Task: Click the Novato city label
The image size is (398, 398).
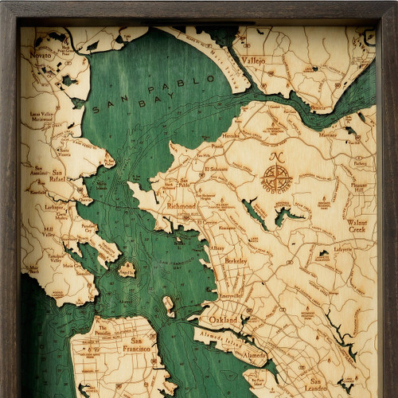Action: click(41, 55)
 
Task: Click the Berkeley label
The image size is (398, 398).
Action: click(235, 260)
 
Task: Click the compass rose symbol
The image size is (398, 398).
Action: click(276, 176)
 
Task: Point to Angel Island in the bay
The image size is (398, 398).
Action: click(127, 269)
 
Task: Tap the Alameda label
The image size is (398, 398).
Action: click(255, 354)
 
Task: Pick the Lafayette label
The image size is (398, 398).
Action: click(342, 248)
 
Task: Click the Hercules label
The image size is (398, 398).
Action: click(230, 135)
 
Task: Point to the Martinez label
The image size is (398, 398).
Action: click(327, 135)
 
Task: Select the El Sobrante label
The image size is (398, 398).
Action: click(216, 169)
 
